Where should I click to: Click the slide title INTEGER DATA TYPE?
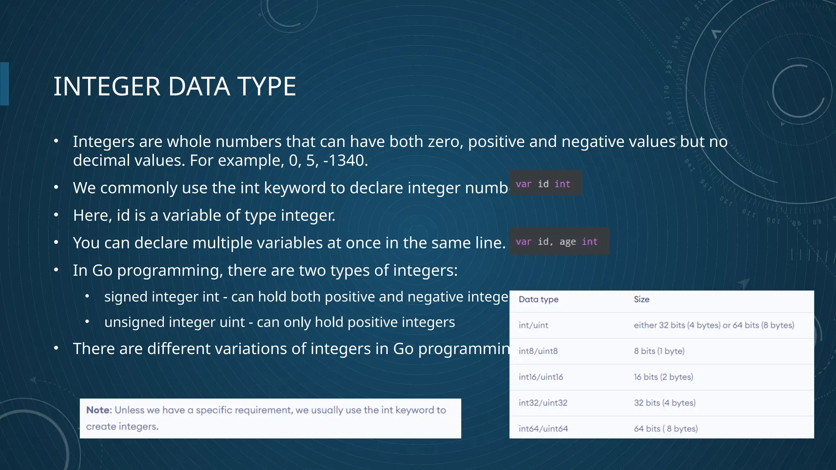[175, 86]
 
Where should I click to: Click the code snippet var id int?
[543, 184]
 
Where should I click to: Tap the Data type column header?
[538, 299]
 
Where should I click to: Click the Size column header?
[641, 299]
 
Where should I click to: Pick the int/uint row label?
[533, 325]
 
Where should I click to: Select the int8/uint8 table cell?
[538, 351]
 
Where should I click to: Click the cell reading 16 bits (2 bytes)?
[663, 377]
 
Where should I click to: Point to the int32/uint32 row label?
[543, 403]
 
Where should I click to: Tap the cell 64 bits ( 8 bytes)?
[665, 429]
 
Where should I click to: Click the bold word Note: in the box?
[99, 410]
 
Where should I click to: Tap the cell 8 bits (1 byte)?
[659, 351]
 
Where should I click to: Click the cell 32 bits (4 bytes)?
[665, 403]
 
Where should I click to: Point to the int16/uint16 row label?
[541, 377]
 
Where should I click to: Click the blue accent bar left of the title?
[4, 84]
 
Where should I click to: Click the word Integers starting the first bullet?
[104, 142]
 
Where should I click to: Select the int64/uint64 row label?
[543, 429]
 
